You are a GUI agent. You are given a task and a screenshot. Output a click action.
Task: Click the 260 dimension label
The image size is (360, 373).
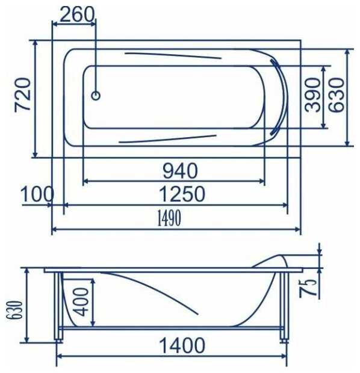coord(77,15)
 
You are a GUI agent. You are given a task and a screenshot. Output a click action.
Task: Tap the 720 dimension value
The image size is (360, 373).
coord(23,94)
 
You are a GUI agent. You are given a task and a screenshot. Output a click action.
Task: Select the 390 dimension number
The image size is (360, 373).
coord(312,94)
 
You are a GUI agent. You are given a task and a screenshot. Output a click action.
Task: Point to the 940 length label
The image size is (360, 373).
coord(180,171)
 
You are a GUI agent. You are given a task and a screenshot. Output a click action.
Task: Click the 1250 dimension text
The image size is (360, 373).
coord(182,194)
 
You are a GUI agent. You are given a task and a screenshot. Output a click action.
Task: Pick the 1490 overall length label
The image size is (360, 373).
coord(169,218)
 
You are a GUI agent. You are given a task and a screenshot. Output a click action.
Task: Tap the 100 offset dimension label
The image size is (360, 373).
coord(37,194)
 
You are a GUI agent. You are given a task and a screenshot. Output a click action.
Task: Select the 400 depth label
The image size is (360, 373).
coord(81,302)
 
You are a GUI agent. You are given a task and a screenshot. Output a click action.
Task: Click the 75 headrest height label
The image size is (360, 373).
coord(308,288)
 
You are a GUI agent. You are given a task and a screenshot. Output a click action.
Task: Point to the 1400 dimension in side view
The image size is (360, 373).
coord(182,345)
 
